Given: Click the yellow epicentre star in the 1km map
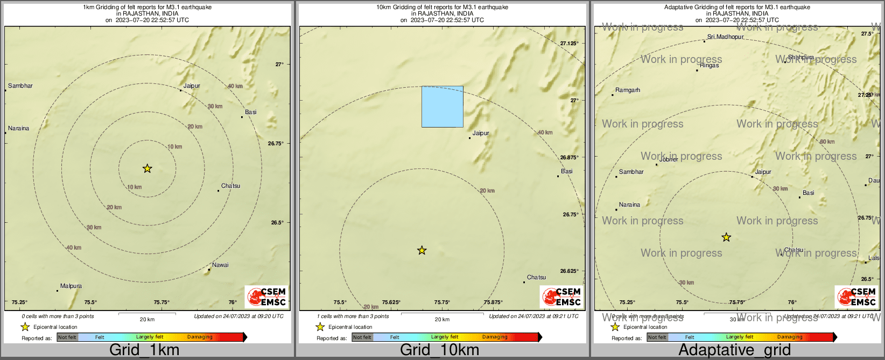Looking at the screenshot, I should pos(147,168).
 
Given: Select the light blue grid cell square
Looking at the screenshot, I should pos(442,107).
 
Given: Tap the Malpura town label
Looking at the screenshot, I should pos(71,286).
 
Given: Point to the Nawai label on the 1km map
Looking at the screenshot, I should pos(220,265).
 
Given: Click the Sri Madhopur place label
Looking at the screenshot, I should pos(725,37).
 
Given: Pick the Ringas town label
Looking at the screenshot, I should pos(709,66).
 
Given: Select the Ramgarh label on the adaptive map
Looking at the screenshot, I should pos(628,90).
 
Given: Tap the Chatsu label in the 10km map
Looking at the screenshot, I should pos(536,278).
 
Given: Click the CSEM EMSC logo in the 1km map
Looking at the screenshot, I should pos(266,297).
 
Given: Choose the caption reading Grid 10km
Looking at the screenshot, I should pos(439,350).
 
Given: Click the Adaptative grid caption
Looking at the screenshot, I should pos(734,350).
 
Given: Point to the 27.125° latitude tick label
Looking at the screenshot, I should pos(569,44).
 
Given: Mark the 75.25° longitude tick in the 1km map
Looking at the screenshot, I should pos(19,302).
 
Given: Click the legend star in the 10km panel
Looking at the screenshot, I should pos(320,327).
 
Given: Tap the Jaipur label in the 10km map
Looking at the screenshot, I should pos(481,133).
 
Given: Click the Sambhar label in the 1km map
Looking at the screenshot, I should pos(20,86).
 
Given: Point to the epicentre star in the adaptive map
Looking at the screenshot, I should pos(726,237).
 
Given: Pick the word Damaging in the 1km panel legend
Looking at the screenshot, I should pos(200,337).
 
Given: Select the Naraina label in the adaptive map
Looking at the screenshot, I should pos(629,205).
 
